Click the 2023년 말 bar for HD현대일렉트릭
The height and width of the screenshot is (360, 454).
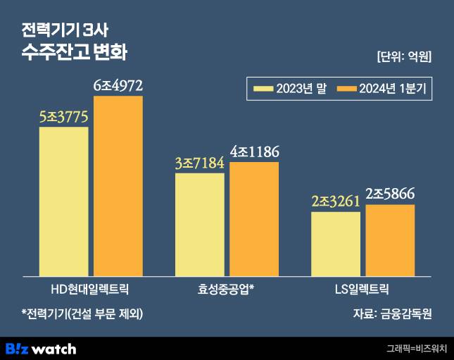(x=64, y=201)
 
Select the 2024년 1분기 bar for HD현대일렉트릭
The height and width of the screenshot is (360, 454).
(x=118, y=186)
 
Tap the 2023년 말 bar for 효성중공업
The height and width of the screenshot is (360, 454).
(x=200, y=224)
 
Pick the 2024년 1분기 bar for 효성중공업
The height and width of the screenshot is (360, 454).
(x=254, y=218)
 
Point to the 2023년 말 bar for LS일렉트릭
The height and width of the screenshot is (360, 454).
(x=336, y=243)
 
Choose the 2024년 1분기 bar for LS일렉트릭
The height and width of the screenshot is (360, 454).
(x=390, y=240)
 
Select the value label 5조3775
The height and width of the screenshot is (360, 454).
(x=64, y=117)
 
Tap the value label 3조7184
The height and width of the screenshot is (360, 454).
(x=200, y=163)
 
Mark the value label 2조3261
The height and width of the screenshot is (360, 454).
(x=336, y=201)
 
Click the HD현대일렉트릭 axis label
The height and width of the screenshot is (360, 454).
(x=91, y=289)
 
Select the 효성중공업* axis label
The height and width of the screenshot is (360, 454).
(x=227, y=289)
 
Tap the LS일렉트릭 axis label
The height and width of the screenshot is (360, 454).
(x=362, y=289)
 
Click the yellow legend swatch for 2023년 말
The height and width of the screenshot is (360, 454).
(x=263, y=88)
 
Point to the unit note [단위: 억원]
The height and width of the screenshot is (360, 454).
(x=404, y=57)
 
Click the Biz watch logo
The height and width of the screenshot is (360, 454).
(x=41, y=348)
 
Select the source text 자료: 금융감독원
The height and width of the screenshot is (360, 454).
(x=392, y=314)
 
